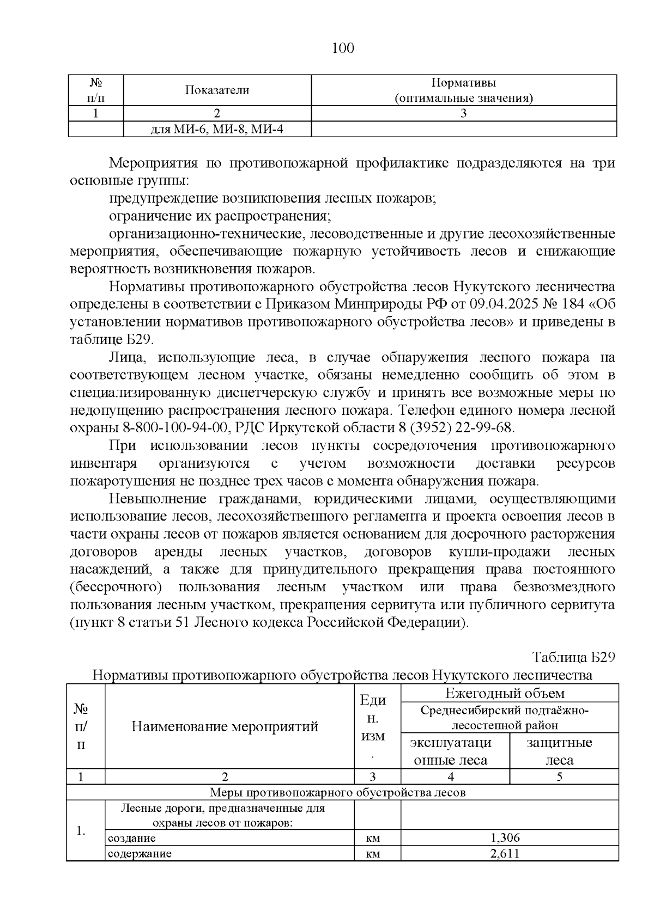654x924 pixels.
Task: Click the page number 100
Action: [x=343, y=48]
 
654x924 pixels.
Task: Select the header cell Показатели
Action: [x=217, y=90]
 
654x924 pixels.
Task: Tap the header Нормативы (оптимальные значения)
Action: [x=463, y=90]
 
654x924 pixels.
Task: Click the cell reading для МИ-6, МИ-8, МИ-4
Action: [x=217, y=130]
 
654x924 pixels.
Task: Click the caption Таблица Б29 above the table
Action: [x=573, y=657]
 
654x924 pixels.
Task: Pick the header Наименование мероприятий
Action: [x=225, y=726]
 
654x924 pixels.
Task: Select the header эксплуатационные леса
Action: [x=451, y=751]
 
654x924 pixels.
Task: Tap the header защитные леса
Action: [x=559, y=751]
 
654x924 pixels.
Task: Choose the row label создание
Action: [x=132, y=838]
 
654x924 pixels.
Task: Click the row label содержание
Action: [x=140, y=853]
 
